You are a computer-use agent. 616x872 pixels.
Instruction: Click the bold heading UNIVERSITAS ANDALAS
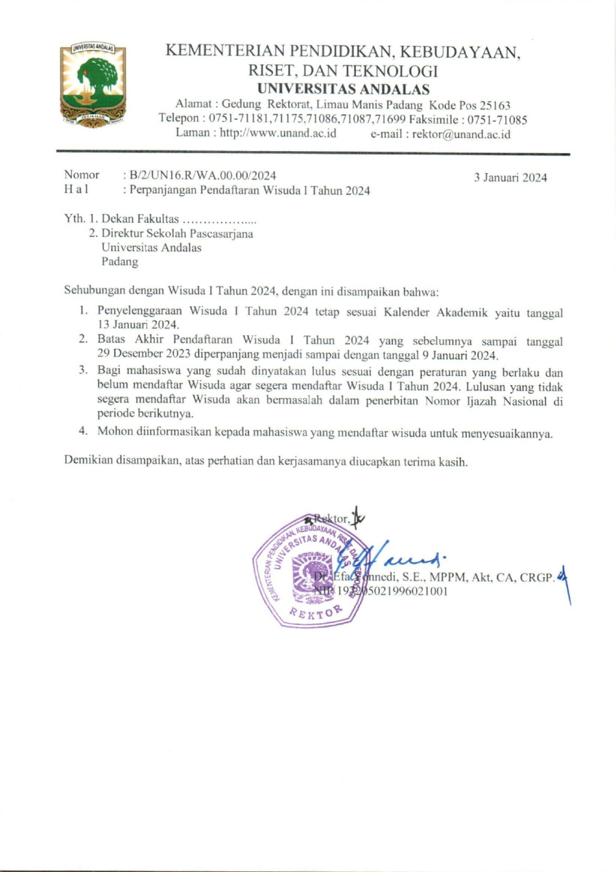pyautogui.click(x=343, y=89)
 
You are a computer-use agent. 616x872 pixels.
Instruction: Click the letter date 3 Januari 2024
pyautogui.click(x=511, y=178)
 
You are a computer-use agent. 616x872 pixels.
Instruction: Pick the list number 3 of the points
pyautogui.click(x=82, y=370)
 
